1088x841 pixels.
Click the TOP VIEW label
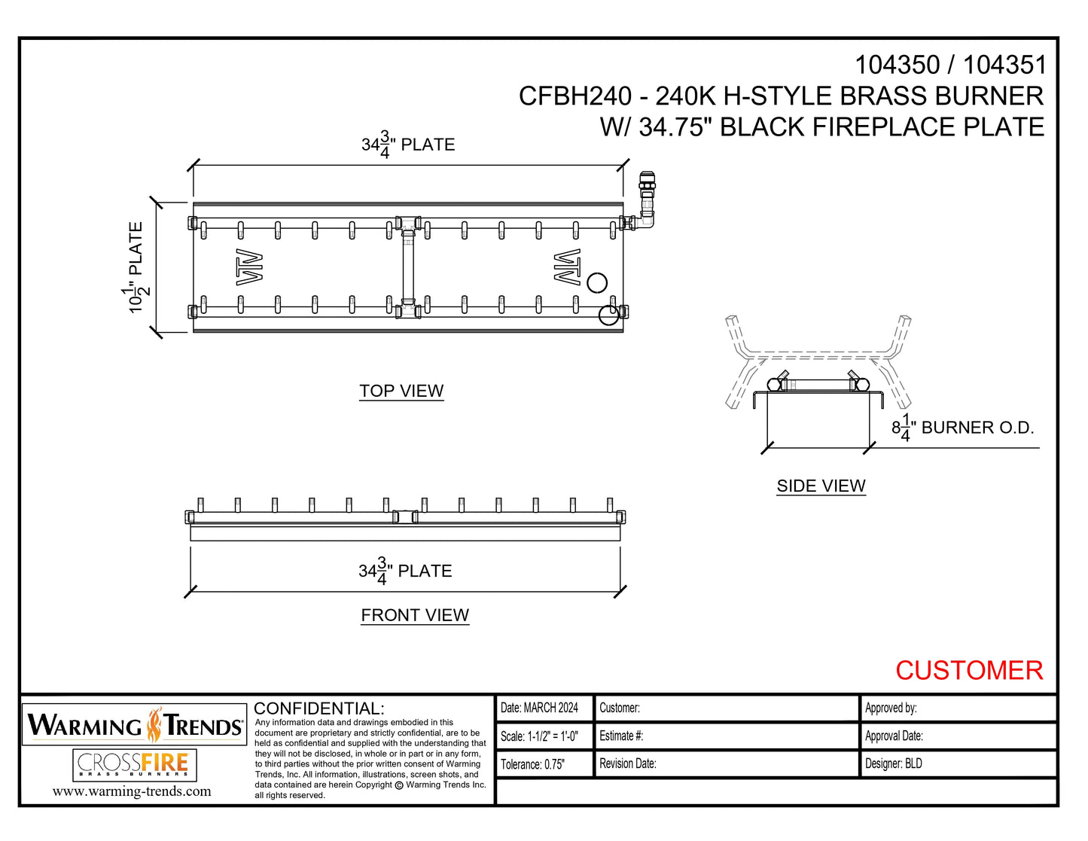point(401,391)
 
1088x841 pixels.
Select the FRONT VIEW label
point(415,615)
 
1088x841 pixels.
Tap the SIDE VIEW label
point(821,486)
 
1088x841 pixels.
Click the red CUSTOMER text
point(968,670)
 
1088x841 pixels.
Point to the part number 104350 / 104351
point(950,66)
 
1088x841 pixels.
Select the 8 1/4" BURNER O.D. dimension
point(962,428)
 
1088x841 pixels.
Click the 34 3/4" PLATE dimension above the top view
point(408,144)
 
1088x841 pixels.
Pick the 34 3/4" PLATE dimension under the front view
point(405,571)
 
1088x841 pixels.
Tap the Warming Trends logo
point(135,725)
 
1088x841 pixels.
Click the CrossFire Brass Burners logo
point(135,765)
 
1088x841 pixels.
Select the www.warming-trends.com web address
point(132,791)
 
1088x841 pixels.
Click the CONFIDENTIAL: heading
point(319,708)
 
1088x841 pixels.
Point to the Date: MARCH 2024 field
point(540,708)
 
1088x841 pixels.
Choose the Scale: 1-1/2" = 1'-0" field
point(540,736)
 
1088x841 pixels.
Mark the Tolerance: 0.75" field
point(533,764)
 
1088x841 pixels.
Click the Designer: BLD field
point(894,763)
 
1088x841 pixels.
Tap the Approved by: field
point(891,708)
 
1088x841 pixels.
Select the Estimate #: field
point(621,736)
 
